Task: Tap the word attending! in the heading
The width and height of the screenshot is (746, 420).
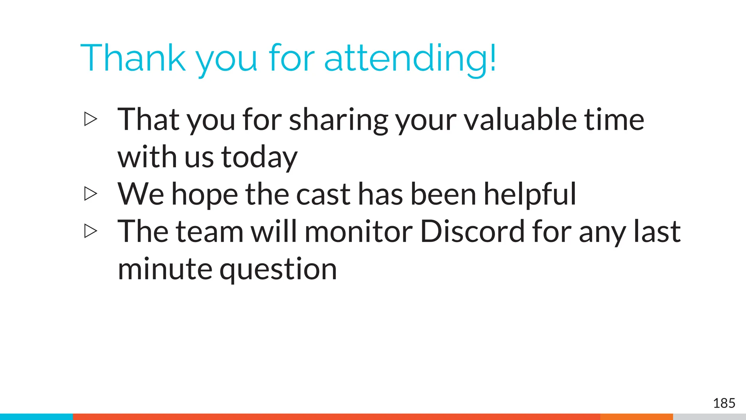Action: (410, 58)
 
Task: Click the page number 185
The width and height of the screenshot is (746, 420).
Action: (724, 403)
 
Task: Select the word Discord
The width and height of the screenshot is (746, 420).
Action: (472, 231)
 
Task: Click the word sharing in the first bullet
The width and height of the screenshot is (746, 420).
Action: (338, 120)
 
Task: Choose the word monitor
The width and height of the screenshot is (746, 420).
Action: (358, 231)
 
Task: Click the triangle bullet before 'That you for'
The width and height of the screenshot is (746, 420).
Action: (91, 119)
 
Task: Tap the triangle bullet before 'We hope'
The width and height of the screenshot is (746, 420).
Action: (91, 194)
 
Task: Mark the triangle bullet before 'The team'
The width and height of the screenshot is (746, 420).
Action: (91, 231)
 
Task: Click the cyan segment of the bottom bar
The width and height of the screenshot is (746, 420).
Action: (36, 417)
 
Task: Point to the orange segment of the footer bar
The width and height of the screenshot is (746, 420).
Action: (636, 417)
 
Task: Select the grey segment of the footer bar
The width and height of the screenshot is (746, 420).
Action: (709, 417)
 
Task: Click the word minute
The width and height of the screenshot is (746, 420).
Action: (165, 269)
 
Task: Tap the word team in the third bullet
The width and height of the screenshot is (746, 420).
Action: (209, 231)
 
